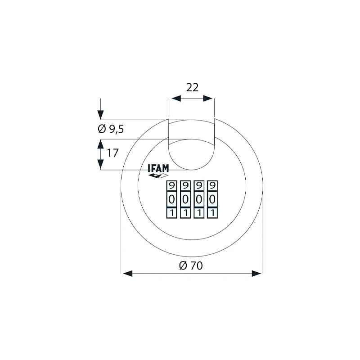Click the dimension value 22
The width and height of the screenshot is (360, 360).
pos(192,87)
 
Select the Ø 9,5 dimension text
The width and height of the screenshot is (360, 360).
pos(111,129)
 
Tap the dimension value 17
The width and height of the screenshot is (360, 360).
pos(112,153)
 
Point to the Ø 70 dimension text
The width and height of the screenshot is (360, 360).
pos(191,265)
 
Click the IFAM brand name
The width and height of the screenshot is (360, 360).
pos(158,169)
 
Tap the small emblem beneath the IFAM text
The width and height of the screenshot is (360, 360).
pos(158,176)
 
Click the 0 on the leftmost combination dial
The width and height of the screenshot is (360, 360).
pos(171,199)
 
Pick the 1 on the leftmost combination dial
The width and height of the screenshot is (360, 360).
pos(171,212)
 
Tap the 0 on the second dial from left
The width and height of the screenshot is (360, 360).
pos(185,199)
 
